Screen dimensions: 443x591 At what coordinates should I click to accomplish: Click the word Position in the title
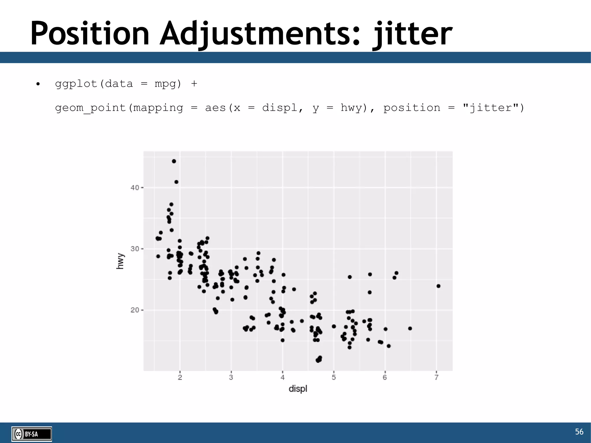coord(89,34)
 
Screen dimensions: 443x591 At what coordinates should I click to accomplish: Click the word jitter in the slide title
coord(413,34)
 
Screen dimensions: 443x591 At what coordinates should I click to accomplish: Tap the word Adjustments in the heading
coord(260,34)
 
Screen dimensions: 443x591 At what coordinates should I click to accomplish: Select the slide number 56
coord(579,431)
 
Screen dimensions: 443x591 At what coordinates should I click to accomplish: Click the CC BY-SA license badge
coord(32,434)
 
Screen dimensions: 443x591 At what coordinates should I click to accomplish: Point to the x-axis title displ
coord(298,389)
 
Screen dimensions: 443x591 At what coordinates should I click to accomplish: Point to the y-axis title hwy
coord(120,261)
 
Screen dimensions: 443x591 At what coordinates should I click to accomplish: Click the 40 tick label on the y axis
coord(134,188)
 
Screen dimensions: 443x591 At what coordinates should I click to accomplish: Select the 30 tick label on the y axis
coord(134,249)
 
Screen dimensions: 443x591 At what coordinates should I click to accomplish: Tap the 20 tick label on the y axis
coord(134,310)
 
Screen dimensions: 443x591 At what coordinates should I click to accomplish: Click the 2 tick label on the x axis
coord(180,377)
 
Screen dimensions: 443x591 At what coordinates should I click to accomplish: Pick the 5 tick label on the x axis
coord(334,377)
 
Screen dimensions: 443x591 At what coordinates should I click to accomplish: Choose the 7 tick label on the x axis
coord(436,377)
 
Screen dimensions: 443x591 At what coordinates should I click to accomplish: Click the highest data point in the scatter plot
coord(174,161)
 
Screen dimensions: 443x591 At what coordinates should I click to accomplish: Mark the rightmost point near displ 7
coord(438,286)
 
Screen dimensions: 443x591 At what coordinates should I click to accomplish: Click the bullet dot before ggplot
coord(38,84)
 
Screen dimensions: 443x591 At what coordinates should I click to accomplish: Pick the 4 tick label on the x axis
coord(283,377)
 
